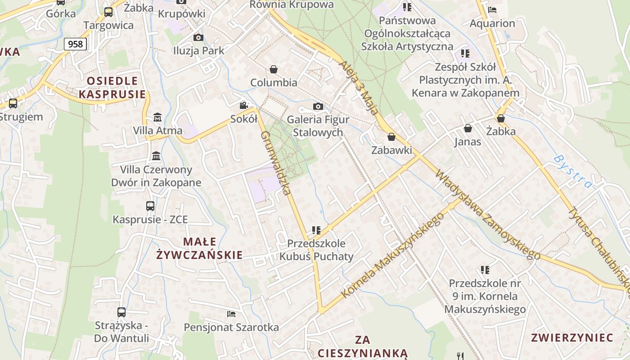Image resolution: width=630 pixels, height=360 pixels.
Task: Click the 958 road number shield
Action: (75, 44)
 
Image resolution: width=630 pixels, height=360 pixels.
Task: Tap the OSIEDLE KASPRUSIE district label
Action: (112, 87)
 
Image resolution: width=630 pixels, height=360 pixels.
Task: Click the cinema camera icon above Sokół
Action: (243, 105)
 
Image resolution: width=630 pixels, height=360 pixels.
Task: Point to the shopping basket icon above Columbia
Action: (273, 69)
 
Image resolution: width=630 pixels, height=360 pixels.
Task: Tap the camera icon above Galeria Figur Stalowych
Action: (318, 106)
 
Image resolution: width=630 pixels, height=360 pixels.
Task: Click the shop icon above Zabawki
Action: (391, 137)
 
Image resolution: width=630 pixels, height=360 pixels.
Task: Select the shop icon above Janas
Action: (468, 128)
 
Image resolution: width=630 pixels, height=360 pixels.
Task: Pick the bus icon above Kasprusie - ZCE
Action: (150, 206)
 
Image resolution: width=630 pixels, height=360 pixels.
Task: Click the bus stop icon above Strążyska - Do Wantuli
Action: (121, 312)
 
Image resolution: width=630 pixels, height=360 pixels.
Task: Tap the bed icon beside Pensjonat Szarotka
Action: (231, 314)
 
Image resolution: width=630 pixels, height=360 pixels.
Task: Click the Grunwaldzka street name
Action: (275, 163)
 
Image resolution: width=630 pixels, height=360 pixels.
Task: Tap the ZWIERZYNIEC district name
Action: (572, 337)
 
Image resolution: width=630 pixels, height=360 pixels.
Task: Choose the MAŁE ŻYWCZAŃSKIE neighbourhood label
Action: (199, 248)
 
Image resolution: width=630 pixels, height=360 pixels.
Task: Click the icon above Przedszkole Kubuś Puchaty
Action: (316, 230)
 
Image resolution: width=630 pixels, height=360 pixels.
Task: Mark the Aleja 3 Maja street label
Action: (358, 87)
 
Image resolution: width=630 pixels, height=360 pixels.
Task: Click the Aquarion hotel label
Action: (492, 23)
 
